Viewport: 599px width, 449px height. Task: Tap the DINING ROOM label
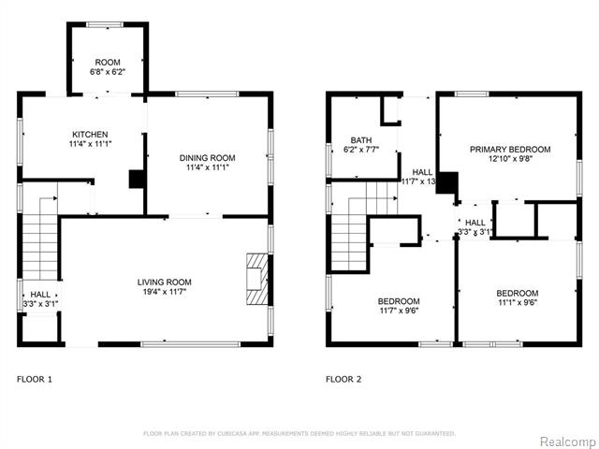click(x=207, y=157)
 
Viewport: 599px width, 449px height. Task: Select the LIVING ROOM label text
click(x=164, y=282)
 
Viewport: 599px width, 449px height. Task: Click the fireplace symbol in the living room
click(x=256, y=278)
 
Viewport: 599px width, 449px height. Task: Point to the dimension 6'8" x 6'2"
click(x=107, y=71)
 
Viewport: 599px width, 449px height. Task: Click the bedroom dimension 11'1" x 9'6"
click(x=517, y=303)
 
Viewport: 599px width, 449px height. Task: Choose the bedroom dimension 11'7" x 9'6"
click(x=398, y=312)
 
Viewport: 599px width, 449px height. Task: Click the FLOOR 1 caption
click(x=35, y=379)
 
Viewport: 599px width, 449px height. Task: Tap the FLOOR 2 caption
click(x=343, y=379)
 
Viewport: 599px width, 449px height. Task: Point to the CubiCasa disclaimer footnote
click(x=299, y=433)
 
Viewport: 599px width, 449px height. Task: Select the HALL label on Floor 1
click(x=40, y=293)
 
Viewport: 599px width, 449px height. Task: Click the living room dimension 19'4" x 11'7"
click(x=164, y=293)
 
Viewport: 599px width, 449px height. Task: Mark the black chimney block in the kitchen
click(x=136, y=179)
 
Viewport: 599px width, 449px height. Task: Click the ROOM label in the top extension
click(x=107, y=61)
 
